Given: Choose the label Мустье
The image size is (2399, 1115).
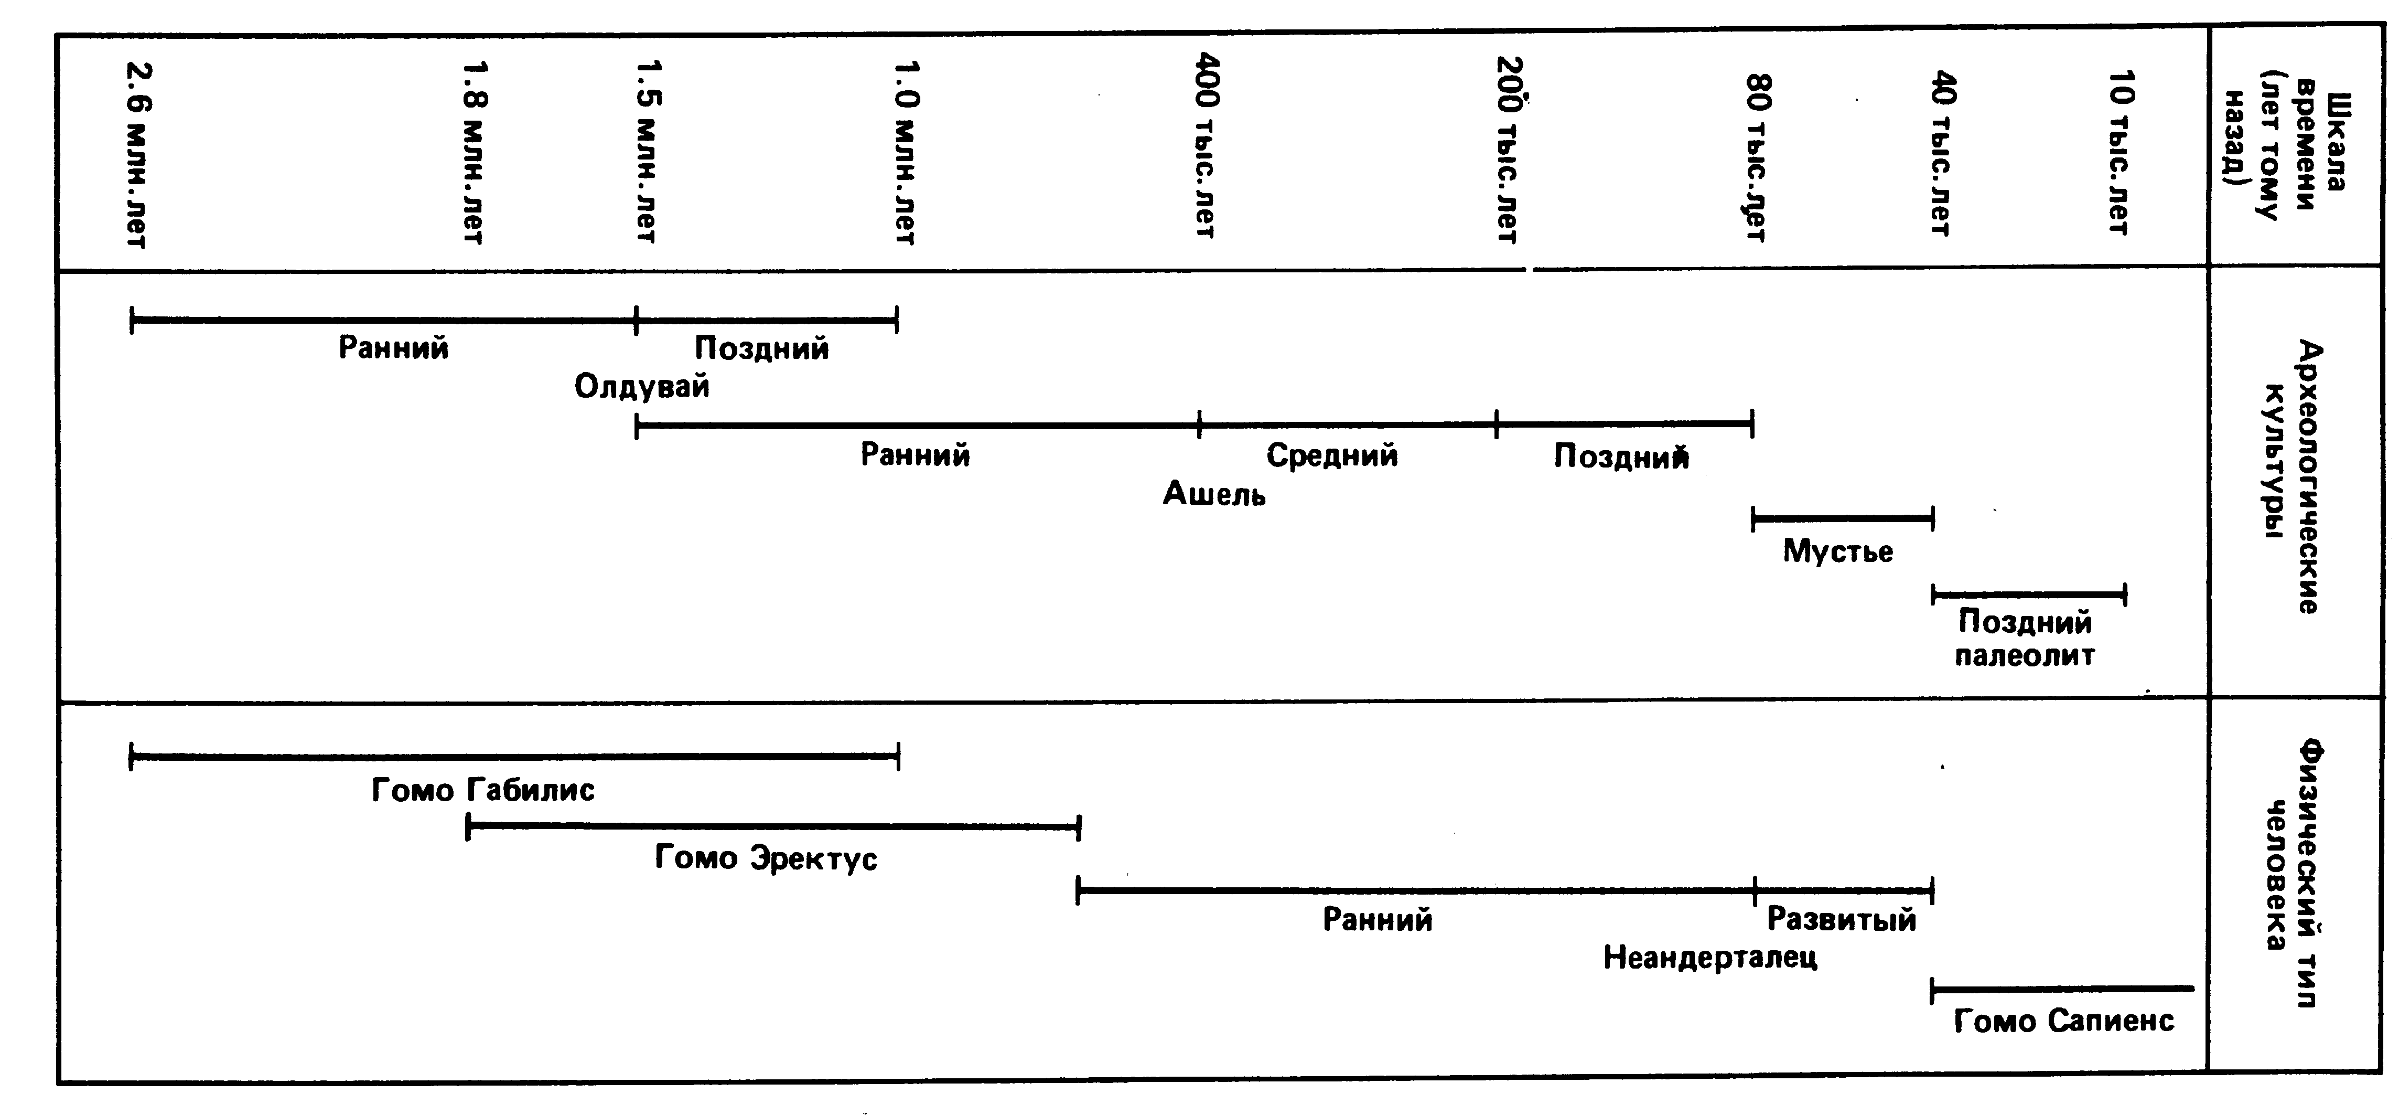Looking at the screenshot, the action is pyautogui.click(x=1837, y=551).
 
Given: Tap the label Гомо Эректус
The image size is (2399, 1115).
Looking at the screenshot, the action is pyautogui.click(x=766, y=858).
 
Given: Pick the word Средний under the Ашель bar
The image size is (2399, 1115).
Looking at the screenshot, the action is pyautogui.click(x=1332, y=455).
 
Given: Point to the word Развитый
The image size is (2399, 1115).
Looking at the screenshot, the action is pyautogui.click(x=1841, y=920).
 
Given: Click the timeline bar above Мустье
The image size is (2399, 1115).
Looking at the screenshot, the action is pyautogui.click(x=1842, y=518).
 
